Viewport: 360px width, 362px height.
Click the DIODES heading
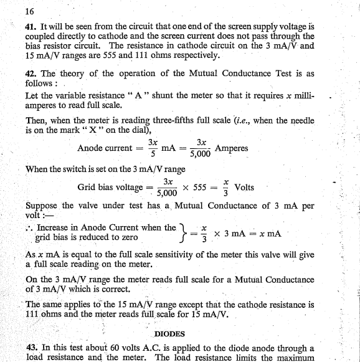[170, 334]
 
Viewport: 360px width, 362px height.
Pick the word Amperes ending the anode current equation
[231, 149]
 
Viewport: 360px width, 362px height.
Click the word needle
[300, 121]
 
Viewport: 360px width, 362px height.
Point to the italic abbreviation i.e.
[232, 121]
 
